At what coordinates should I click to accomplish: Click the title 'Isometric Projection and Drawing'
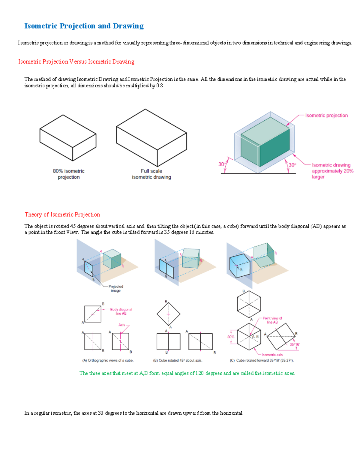coord(84,26)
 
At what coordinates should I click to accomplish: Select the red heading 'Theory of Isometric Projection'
coord(62,215)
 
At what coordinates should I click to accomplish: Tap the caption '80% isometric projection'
coord(69,174)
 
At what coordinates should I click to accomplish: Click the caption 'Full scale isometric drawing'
coord(151,174)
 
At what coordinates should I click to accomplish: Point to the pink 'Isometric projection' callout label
coord(326,116)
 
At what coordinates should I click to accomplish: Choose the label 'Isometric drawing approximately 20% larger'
coord(332,171)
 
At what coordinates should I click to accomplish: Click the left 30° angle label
coord(222,164)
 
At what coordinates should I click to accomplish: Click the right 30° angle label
coord(292,165)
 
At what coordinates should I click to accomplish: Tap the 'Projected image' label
coord(116,288)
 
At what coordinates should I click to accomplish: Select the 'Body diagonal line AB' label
coord(121,311)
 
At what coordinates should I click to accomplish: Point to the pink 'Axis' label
coord(122,325)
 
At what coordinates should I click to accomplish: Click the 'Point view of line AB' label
coord(272,320)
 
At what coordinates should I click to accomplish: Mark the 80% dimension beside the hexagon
coord(230,337)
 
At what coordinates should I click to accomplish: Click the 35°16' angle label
coord(294,344)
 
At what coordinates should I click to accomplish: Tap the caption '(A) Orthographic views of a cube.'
coord(108,360)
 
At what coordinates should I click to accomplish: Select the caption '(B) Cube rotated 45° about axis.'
coord(178,360)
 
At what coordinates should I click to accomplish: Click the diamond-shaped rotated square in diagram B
coord(168,314)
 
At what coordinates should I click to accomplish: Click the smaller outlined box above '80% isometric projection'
coord(68,137)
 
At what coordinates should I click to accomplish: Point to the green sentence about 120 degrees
coord(187,373)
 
